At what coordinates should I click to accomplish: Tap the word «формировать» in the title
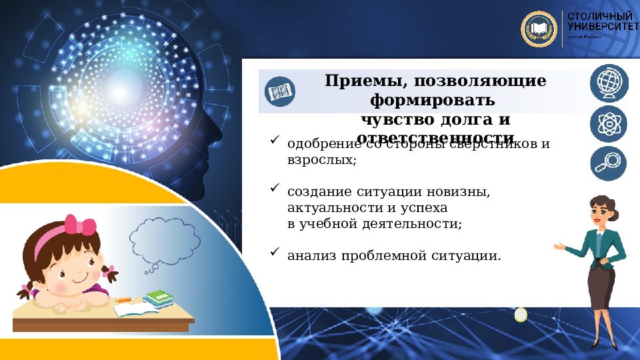pyautogui.click(x=432, y=101)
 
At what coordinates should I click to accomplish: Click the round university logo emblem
pyautogui.click(x=538, y=29)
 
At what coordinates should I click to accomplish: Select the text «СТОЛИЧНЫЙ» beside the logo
pyautogui.click(x=599, y=15)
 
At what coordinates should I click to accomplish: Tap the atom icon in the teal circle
pyautogui.click(x=608, y=123)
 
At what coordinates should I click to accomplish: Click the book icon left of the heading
pyautogui.click(x=279, y=91)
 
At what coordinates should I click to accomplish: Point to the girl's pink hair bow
pyautogui.click(x=79, y=225)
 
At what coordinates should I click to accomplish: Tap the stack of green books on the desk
pyautogui.click(x=158, y=298)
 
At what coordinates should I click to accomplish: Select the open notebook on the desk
pyautogui.click(x=133, y=309)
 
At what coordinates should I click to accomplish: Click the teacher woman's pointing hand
pyautogui.click(x=559, y=246)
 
